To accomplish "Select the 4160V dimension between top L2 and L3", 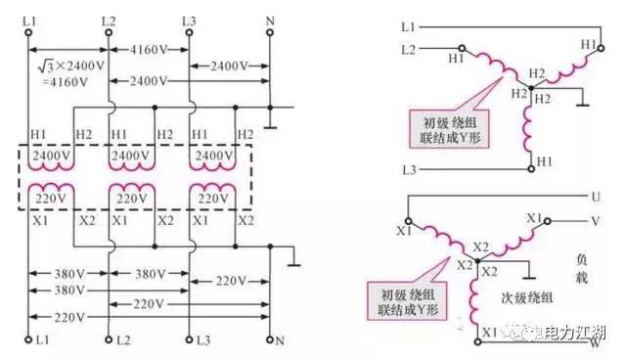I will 146,46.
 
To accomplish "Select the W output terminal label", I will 594,342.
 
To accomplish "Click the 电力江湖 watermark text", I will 578,333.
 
